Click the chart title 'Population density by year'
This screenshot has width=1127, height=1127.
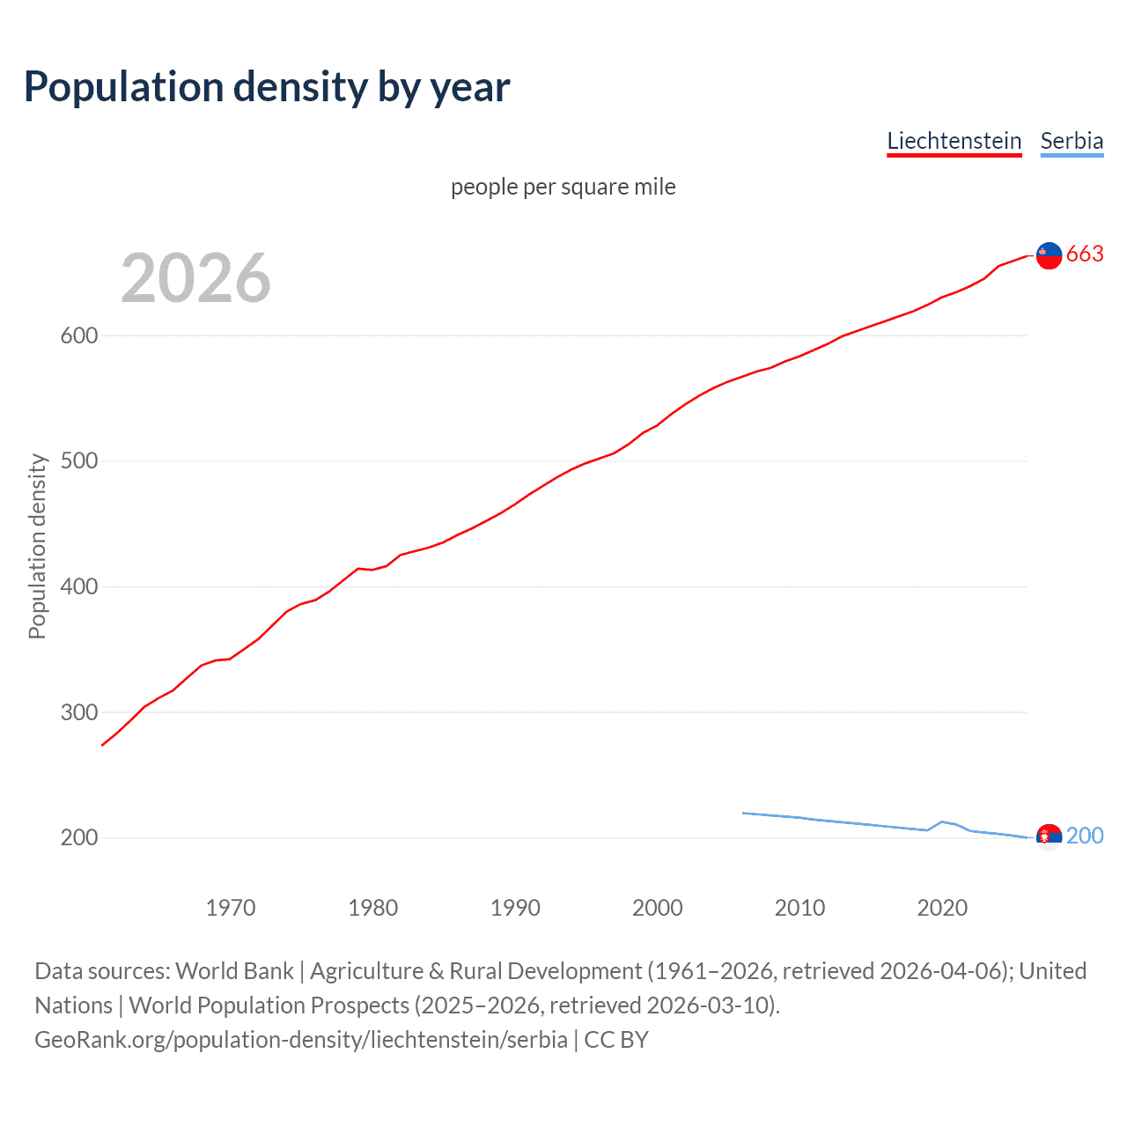267,87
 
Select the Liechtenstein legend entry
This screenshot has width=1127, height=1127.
954,141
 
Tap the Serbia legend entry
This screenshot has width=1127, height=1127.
1072,141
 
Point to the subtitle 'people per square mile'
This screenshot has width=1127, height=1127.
563,187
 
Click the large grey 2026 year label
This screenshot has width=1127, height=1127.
195,277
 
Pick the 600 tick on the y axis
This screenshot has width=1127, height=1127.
79,335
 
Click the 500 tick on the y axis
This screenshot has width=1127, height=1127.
79,461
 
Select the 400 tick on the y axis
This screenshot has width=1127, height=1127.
79,586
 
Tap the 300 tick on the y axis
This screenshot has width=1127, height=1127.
79,712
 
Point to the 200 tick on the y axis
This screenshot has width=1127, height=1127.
79,837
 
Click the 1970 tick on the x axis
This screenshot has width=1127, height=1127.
231,908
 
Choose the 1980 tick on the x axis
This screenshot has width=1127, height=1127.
373,908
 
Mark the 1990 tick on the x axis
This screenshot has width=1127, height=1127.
515,908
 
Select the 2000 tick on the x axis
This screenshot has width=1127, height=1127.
658,908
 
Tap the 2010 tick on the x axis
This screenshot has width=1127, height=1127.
799,908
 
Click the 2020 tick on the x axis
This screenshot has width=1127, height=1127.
942,908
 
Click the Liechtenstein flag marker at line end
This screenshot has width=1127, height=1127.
1049,255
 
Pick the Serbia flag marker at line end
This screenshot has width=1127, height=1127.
1049,836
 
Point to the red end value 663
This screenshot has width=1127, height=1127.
1085,254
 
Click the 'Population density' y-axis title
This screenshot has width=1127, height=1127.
37,546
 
